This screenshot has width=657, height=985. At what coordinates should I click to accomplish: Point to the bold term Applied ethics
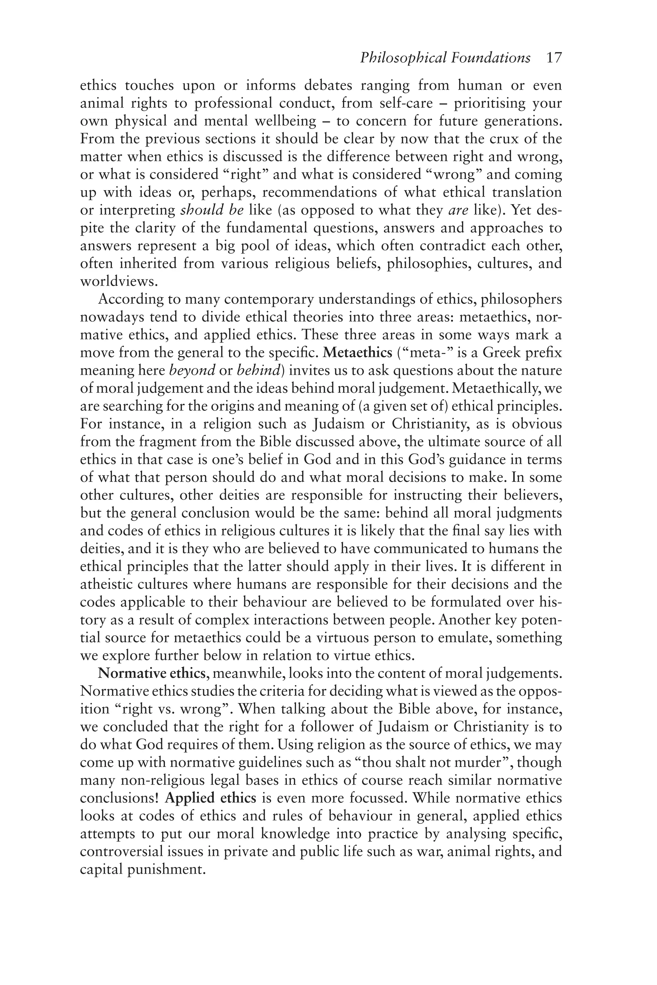210,798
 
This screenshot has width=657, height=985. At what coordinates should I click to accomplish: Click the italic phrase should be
212,210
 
